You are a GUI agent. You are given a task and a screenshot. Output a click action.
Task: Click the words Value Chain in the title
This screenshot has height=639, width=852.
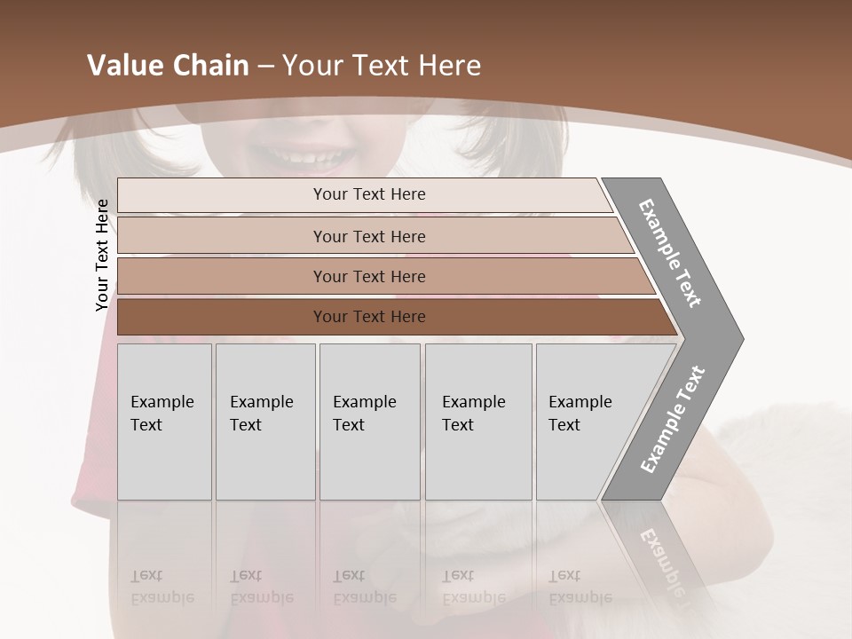coord(168,66)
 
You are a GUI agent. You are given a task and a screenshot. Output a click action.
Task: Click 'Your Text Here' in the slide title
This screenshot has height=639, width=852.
coord(382,66)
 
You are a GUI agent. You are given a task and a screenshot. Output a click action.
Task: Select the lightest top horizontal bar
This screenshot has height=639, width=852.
coord(368,194)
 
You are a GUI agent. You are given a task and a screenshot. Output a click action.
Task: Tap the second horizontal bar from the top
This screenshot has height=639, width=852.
coord(368,236)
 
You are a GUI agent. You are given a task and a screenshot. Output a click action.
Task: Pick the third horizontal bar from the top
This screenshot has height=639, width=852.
coord(368,276)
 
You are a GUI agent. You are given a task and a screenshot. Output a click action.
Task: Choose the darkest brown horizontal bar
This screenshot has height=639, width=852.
coord(368,317)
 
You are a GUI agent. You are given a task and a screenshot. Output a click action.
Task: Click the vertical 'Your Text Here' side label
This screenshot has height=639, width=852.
coord(102,255)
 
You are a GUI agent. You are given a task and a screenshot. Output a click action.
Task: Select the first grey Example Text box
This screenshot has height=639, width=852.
coord(164,422)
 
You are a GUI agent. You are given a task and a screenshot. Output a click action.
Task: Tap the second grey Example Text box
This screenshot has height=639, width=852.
coord(264,422)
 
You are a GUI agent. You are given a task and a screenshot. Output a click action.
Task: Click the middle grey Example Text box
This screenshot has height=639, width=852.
coord(369,422)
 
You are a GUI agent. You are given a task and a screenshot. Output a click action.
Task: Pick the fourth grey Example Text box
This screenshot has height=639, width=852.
coord(477,422)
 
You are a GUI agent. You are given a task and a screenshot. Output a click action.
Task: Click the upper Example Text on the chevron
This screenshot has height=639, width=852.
coord(671,253)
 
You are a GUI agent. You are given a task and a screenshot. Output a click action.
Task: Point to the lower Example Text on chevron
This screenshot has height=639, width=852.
coord(672,420)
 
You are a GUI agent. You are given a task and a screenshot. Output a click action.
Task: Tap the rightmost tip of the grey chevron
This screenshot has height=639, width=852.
coord(741,338)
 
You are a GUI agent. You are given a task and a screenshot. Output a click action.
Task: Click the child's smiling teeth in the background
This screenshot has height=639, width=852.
coord(307,159)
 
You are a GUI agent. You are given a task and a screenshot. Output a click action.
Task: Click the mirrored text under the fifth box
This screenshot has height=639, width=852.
coord(580,587)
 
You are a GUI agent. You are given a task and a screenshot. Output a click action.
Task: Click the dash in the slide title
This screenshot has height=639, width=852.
coord(265,66)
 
